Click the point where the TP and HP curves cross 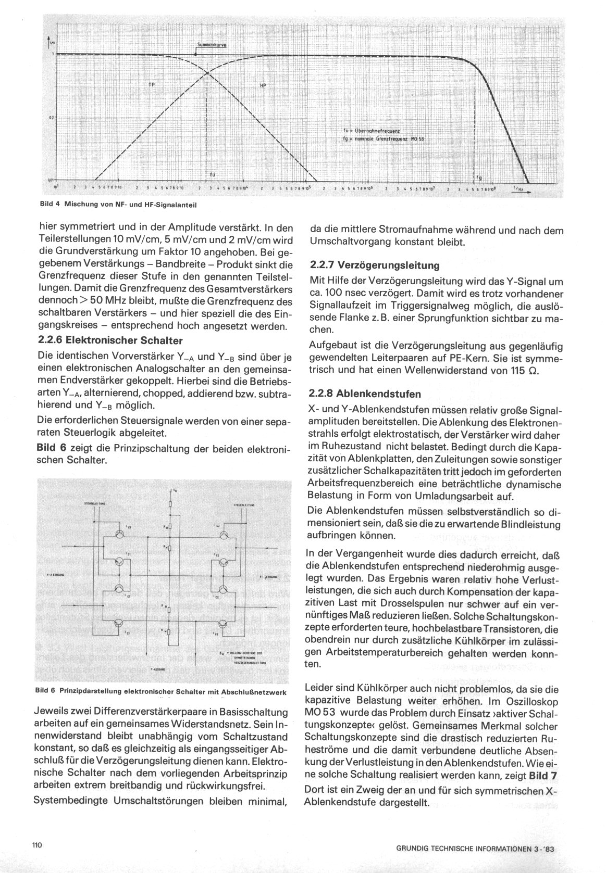(207, 72)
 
